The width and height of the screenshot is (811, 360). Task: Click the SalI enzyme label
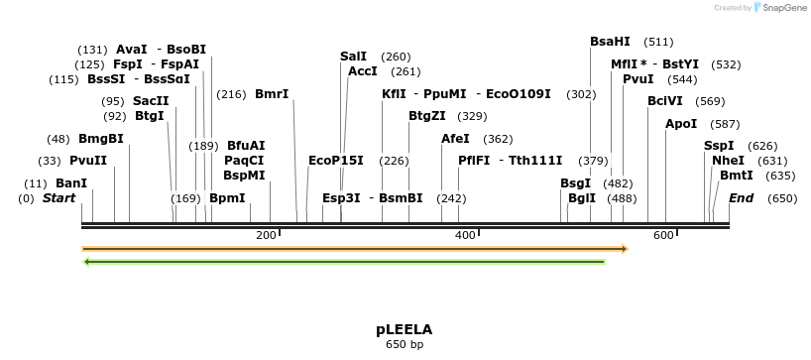353,57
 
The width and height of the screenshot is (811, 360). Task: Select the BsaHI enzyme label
610,42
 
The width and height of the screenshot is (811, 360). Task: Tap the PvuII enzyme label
88,161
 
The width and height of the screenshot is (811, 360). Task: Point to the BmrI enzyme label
272,94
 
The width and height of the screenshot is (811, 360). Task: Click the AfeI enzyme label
455,139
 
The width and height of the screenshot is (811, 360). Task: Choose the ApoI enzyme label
681,124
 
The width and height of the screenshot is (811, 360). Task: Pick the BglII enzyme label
582,198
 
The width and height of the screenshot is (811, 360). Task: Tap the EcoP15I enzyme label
336,161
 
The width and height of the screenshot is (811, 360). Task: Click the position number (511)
658,42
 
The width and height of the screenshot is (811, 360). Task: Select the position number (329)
472,116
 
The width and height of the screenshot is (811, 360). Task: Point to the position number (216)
231,94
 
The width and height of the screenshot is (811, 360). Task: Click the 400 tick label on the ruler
465,235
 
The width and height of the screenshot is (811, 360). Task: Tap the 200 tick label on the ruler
266,235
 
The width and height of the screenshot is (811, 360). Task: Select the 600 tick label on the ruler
663,235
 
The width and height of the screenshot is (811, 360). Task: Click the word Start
58,198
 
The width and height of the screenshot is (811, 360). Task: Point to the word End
741,198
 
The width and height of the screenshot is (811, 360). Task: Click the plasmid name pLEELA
404,328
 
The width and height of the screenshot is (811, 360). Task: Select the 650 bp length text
404,345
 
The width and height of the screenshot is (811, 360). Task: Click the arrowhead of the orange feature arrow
624,249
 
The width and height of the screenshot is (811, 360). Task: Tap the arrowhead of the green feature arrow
87,262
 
